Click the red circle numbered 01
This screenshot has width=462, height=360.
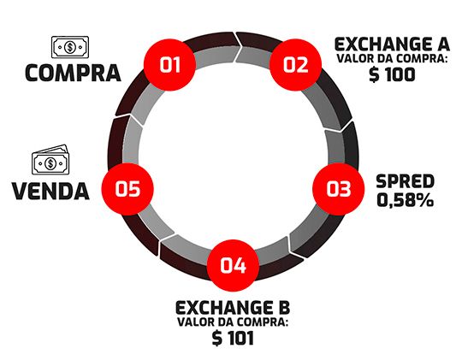(169, 65)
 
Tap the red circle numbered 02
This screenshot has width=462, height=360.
(295, 65)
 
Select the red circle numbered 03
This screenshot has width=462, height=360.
(339, 189)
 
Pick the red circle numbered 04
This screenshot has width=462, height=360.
(233, 265)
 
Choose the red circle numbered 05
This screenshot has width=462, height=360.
(127, 189)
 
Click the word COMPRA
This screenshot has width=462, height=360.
(73, 73)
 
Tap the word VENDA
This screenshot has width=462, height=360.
(50, 192)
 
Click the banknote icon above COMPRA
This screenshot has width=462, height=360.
(70, 47)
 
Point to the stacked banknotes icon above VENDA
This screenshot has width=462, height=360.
(50, 159)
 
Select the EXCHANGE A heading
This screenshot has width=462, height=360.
(392, 44)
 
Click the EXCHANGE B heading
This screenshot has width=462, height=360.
(233, 308)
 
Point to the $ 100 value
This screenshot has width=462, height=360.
(392, 74)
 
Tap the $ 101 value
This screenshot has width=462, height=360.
(233, 338)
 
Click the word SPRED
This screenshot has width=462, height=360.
(406, 181)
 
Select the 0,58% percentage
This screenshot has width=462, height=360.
(406, 200)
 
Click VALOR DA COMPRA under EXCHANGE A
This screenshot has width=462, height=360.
(392, 59)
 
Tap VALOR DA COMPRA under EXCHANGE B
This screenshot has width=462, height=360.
(233, 322)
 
